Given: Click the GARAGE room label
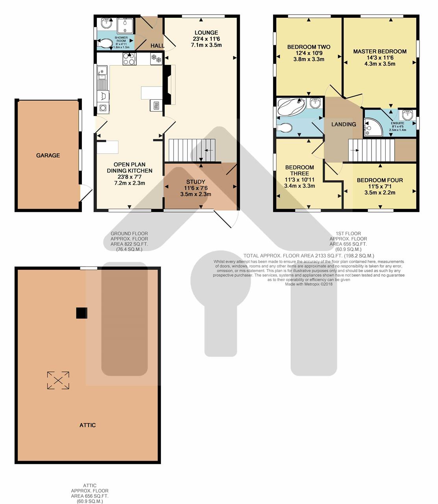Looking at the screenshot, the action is (x=48, y=156).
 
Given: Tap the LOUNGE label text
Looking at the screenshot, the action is (x=206, y=33).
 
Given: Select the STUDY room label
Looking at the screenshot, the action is (x=196, y=182).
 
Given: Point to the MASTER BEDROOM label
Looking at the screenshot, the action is (x=380, y=52).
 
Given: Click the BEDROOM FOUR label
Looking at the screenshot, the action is (x=380, y=180).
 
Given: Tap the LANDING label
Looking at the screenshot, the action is (x=344, y=124).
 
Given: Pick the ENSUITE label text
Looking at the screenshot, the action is (x=397, y=123).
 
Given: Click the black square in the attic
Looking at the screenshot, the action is (x=81, y=313).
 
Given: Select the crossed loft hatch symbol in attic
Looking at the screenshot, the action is (x=58, y=380).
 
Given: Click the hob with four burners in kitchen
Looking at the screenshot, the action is (x=129, y=59).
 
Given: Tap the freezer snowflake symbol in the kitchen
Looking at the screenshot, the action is (x=156, y=58).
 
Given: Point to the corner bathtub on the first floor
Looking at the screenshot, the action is (x=291, y=107).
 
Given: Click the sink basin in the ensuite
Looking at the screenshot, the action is (x=407, y=115).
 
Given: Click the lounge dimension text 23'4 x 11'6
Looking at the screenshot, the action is (x=206, y=39).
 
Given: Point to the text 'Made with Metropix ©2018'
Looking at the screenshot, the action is (x=309, y=284).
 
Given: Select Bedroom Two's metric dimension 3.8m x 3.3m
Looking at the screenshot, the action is (x=309, y=59).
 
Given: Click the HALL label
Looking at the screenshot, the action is (x=157, y=46).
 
